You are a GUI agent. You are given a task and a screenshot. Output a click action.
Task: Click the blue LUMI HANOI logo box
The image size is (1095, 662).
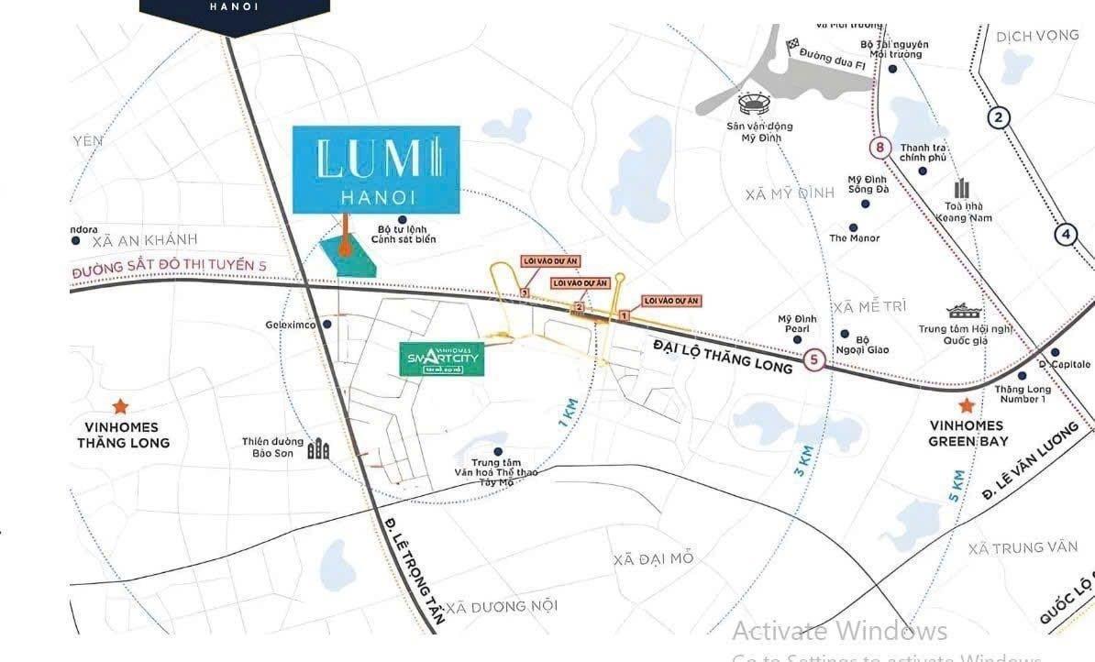tap(376, 170)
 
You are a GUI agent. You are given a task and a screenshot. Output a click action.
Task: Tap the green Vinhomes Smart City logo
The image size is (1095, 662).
tap(442, 358)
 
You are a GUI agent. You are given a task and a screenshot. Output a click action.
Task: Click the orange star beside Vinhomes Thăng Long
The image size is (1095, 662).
tap(119, 406)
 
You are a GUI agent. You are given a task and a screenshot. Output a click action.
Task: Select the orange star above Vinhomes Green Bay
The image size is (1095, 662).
tap(966, 405)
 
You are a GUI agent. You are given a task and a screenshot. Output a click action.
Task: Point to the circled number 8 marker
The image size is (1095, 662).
tap(881, 148)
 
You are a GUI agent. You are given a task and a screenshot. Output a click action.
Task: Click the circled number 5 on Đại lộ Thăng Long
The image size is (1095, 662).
tap(813, 360)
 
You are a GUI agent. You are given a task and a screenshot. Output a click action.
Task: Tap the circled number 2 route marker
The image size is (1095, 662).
tap(999, 116)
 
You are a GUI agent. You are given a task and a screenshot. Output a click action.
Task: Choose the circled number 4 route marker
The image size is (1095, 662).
tap(1066, 234)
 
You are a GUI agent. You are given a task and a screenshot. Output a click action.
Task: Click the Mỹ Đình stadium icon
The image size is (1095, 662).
tap(750, 103)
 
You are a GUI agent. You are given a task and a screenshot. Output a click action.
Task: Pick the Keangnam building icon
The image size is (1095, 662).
tap(961, 189)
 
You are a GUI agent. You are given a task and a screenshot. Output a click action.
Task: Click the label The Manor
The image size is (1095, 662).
tap(854, 238)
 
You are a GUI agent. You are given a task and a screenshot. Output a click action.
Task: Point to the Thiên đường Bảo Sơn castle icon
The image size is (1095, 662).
tap(318, 448)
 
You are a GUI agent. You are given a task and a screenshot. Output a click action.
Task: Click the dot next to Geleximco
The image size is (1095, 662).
tap(327, 324)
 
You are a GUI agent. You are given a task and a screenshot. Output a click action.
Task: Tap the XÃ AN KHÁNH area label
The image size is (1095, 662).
tap(145, 240)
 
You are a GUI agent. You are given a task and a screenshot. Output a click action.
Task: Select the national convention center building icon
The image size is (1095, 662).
tap(965, 312)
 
